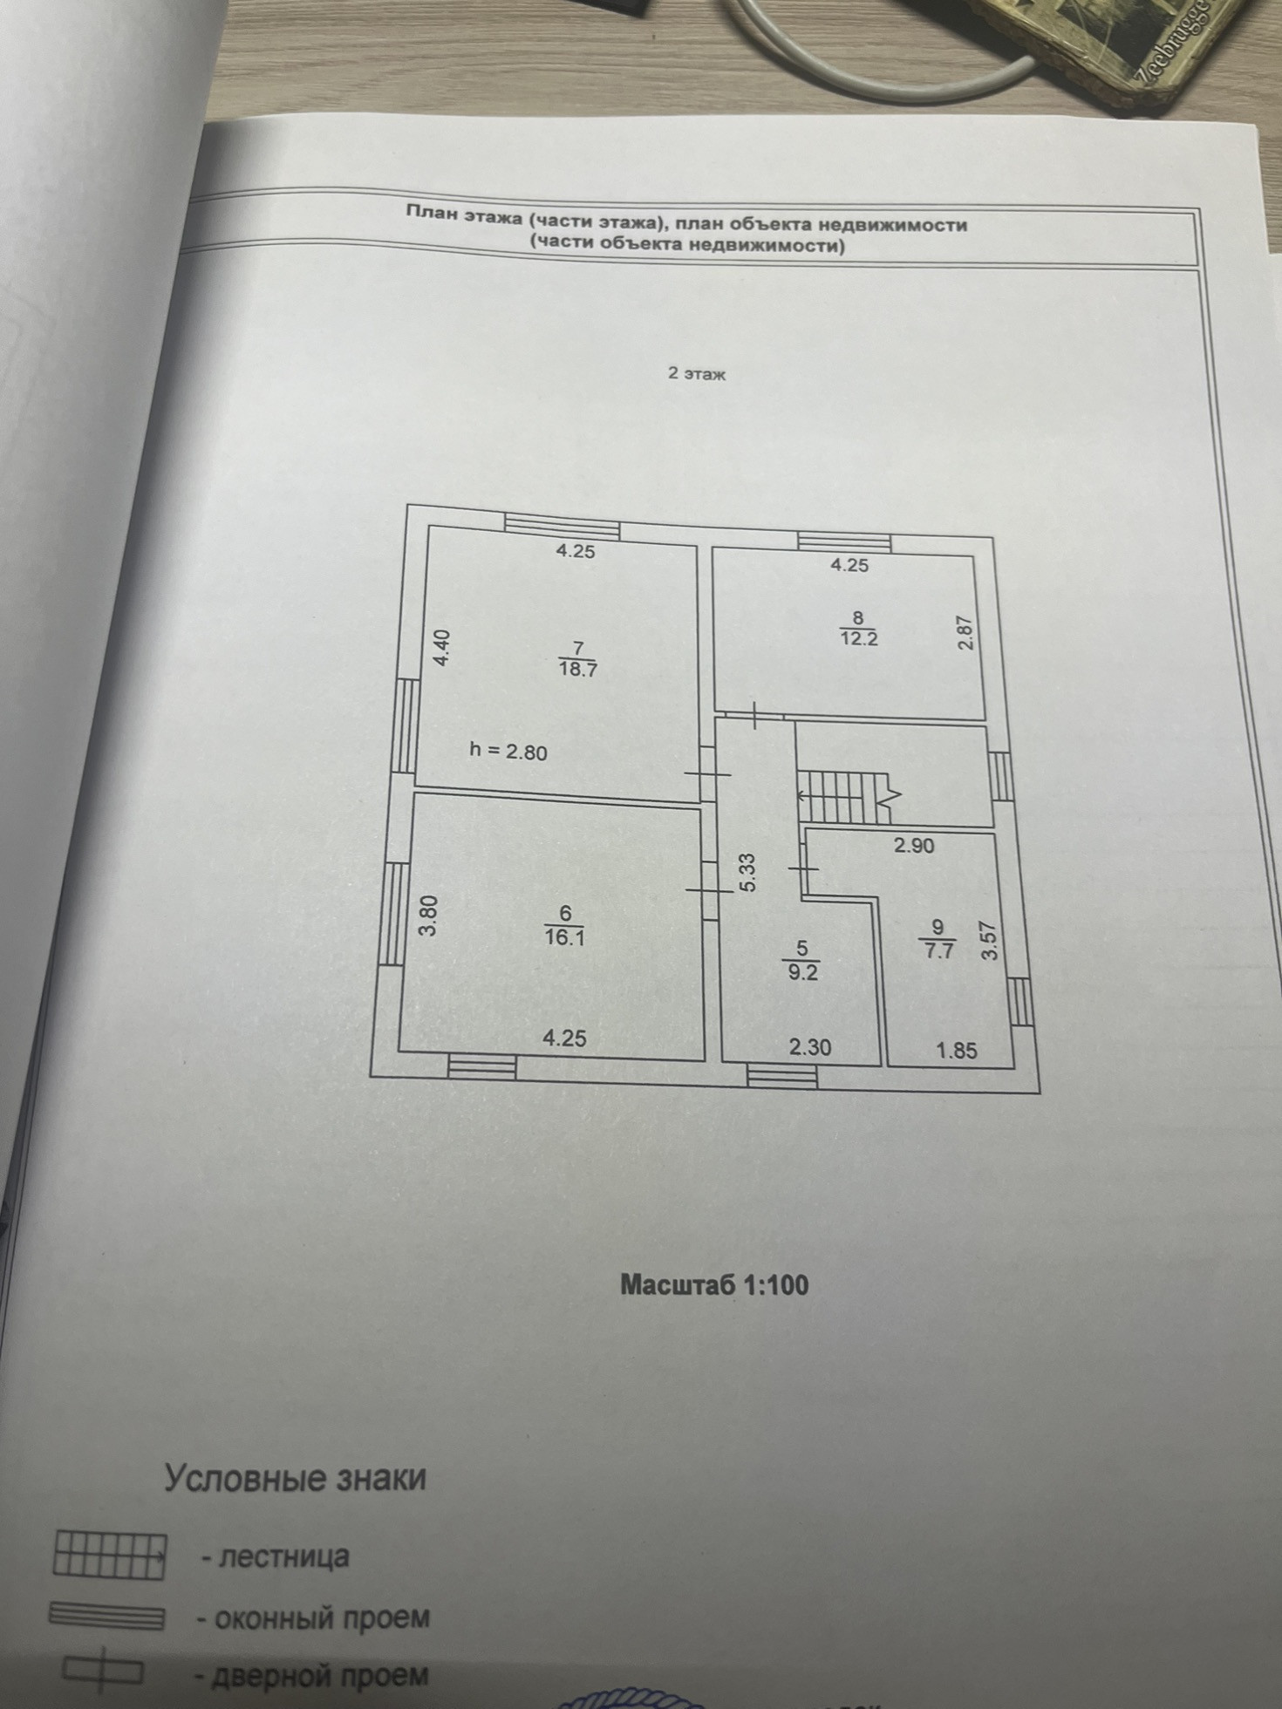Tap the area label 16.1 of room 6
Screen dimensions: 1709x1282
pyautogui.click(x=564, y=937)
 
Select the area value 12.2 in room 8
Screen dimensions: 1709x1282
pyautogui.click(x=858, y=637)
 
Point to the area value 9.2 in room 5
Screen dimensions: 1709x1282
pyautogui.click(x=802, y=972)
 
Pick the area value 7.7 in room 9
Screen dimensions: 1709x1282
pyautogui.click(x=938, y=950)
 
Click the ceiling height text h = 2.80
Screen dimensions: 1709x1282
pyautogui.click(x=508, y=751)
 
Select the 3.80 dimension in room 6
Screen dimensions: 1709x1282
pyautogui.click(x=426, y=916)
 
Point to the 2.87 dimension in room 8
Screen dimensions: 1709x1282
pyautogui.click(x=965, y=632)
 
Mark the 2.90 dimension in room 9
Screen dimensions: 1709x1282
pyautogui.click(x=913, y=845)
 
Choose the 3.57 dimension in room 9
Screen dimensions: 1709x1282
pyautogui.click(x=989, y=941)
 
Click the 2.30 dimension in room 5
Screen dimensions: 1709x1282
pyautogui.click(x=810, y=1047)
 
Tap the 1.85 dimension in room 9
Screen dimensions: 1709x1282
pyautogui.click(x=957, y=1051)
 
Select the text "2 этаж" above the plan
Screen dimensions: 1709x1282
pyautogui.click(x=697, y=374)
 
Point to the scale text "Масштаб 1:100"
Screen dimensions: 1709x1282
pyautogui.click(x=714, y=1283)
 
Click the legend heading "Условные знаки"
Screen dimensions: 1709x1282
pyautogui.click(x=296, y=1479)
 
